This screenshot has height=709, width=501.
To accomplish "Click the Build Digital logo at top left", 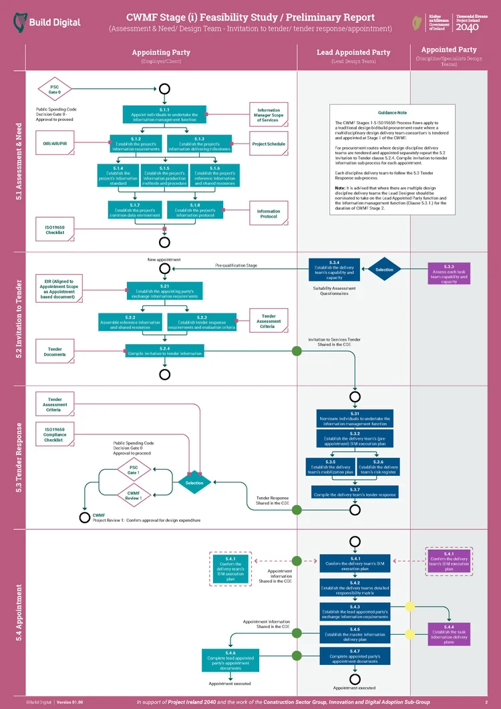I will tap(47, 22).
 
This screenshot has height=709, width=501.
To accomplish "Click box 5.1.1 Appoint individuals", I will tap(164, 114).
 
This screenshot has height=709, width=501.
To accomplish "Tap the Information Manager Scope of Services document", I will tap(269, 114).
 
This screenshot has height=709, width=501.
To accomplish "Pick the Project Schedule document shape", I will tap(269, 144).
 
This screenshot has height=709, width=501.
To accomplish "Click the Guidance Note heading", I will tap(392, 113).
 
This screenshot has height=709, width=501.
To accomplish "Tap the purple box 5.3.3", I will tap(449, 274).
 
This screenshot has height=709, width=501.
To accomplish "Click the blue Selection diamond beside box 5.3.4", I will tap(384, 270).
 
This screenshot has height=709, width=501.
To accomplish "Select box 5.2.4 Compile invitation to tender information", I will tap(165, 351).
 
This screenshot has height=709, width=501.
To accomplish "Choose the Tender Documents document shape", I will tap(55, 351).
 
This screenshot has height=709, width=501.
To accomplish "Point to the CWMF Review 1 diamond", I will tap(134, 494).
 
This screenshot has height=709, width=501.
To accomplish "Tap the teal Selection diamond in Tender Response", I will tap(194, 482).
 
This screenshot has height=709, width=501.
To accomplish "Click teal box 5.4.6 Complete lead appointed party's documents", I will tap(230, 660).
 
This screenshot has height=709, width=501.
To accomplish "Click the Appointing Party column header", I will tap(161, 52).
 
